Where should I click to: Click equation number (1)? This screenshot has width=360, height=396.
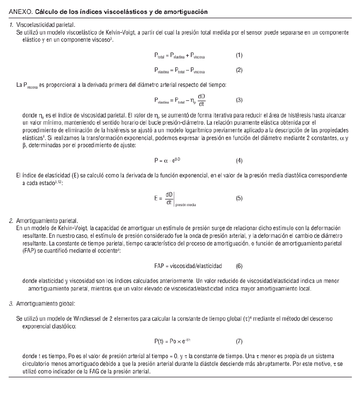pyautogui.click(x=239, y=55)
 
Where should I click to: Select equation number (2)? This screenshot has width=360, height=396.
pyautogui.click(x=239, y=70)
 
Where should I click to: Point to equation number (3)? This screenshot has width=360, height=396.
pyautogui.click(x=239, y=100)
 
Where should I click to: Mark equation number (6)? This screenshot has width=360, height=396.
pyautogui.click(x=239, y=265)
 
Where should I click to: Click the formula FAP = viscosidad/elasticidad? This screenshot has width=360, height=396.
pyautogui.click(x=188, y=265)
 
